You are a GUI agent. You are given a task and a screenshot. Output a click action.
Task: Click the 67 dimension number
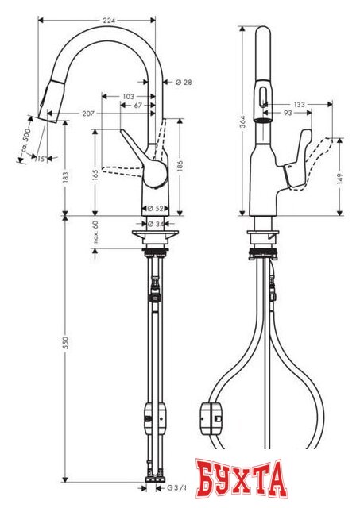[138, 105]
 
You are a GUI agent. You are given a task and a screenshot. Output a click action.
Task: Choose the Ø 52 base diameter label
[156, 207]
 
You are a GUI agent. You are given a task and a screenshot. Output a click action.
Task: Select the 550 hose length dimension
[67, 341]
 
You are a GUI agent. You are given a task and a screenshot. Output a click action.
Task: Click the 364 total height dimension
[242, 120]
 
